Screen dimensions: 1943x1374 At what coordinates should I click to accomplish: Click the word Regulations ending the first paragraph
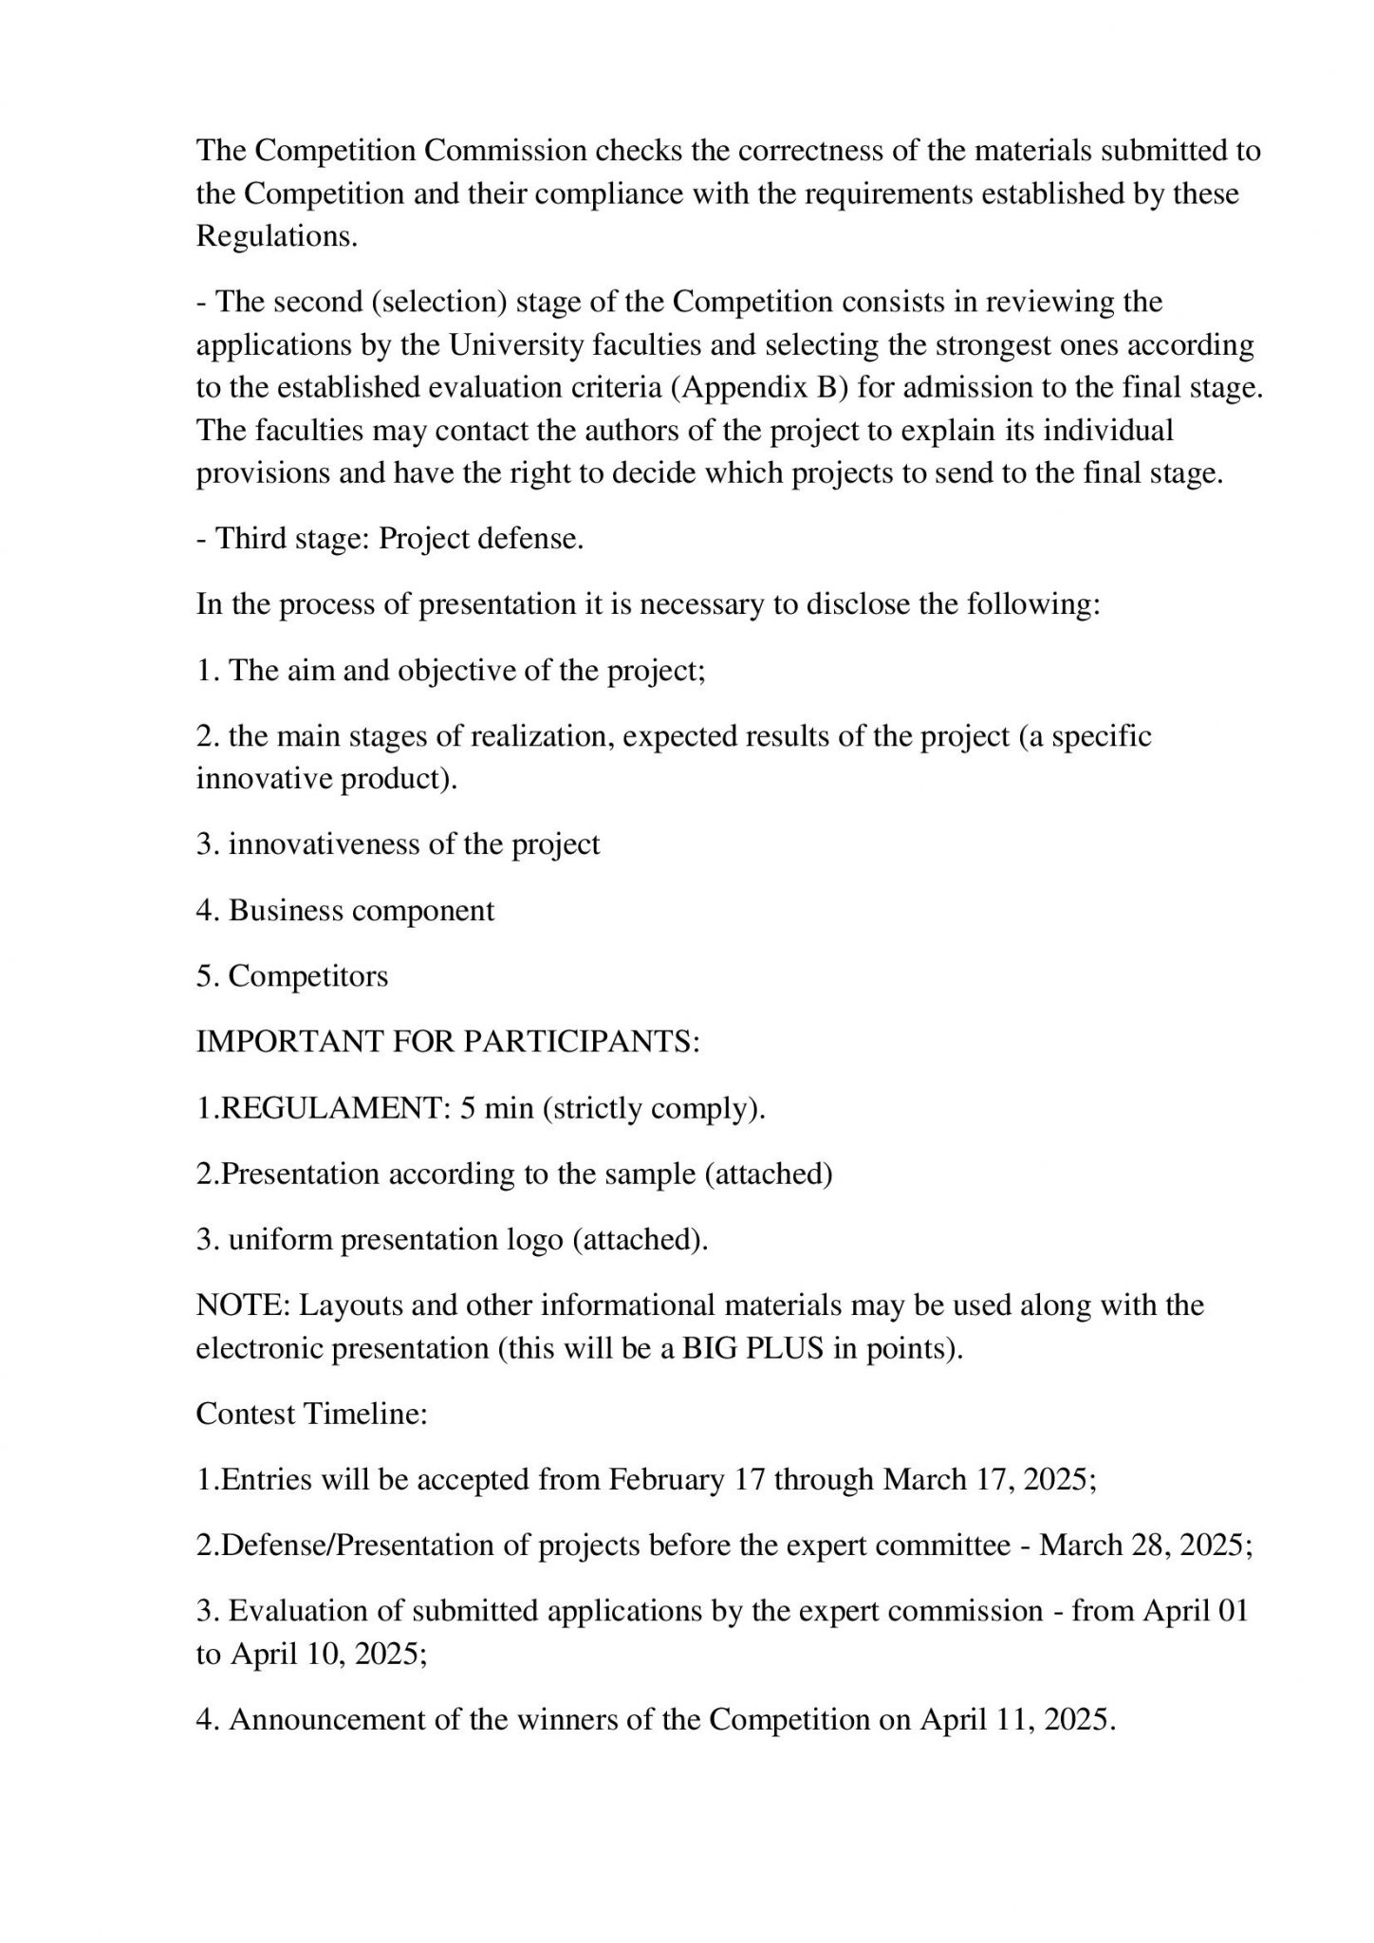276,236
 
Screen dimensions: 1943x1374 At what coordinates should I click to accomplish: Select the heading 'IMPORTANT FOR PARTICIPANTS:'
448,1042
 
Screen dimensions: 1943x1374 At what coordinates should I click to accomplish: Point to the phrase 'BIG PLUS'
752,1348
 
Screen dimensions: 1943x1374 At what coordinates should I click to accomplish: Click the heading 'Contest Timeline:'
312,1414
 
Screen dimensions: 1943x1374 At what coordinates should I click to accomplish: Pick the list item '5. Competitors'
292,976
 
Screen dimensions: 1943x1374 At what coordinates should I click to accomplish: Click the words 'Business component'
362,911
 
